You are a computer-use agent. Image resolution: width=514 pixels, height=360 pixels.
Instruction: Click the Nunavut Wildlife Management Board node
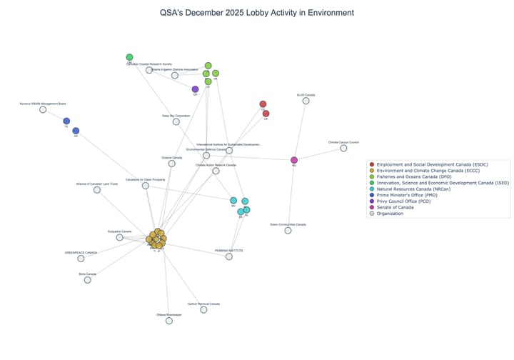43,110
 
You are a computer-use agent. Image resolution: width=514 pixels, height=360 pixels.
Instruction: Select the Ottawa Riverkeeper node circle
169,321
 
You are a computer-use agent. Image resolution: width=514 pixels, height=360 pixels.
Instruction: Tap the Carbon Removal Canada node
204,309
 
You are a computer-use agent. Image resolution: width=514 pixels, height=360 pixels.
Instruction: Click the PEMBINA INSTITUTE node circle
229,256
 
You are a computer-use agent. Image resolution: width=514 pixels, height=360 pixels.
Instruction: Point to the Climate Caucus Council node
344,148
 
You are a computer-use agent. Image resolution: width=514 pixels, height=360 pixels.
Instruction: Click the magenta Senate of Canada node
294,160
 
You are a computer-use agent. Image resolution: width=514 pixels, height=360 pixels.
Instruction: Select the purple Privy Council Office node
195,89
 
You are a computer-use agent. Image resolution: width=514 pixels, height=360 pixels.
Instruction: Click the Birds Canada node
88,279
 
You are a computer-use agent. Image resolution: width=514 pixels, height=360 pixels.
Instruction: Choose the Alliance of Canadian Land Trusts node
96,190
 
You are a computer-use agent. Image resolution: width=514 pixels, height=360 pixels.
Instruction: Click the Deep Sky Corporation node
176,121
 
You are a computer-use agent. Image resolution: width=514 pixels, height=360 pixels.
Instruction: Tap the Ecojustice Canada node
120,237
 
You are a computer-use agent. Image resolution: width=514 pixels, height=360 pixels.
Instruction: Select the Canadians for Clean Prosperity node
146,185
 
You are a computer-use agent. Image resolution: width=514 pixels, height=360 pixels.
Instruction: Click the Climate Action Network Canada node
216,170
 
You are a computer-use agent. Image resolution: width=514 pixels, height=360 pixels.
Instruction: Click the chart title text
257,13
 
